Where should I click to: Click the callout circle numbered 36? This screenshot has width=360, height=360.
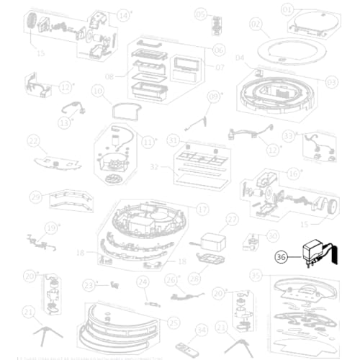pyautogui.click(x=280, y=253)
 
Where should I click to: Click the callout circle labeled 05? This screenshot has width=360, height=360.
pyautogui.click(x=200, y=14)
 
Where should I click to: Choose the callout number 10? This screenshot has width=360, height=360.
pyautogui.click(x=97, y=91)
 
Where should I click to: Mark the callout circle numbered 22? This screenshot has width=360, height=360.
pyautogui.click(x=33, y=140)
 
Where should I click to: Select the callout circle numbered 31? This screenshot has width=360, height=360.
pyautogui.click(x=173, y=139)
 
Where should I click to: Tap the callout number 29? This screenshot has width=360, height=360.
pyautogui.click(x=35, y=196)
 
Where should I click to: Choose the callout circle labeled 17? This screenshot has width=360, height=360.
pyautogui.click(x=202, y=209)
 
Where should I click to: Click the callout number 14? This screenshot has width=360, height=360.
pyautogui.click(x=125, y=14)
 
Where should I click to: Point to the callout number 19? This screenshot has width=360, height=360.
pyautogui.click(x=50, y=228)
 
